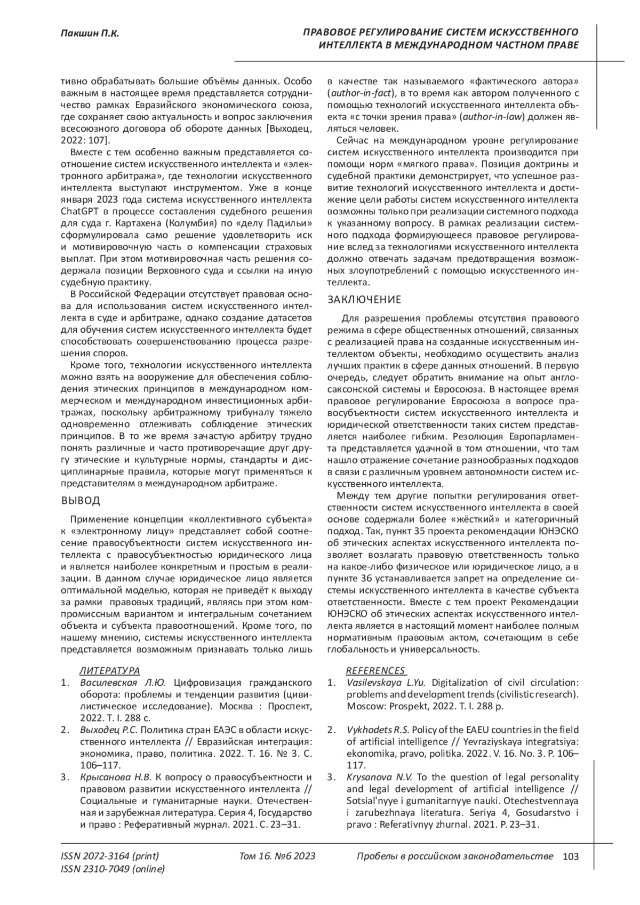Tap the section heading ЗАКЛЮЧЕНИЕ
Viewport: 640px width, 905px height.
[x=364, y=299]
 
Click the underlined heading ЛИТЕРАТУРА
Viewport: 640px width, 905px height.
[x=110, y=671]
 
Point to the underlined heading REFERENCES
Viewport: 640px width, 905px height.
[x=375, y=671]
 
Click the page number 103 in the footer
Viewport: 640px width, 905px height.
[x=570, y=856]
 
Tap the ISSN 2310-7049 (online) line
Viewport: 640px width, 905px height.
[x=113, y=869]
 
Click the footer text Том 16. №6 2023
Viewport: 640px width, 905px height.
[x=277, y=856]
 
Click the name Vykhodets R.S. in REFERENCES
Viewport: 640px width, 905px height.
[x=377, y=730]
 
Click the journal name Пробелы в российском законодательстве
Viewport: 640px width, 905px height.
[x=454, y=856]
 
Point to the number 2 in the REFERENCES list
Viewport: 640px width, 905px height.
[x=331, y=730]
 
